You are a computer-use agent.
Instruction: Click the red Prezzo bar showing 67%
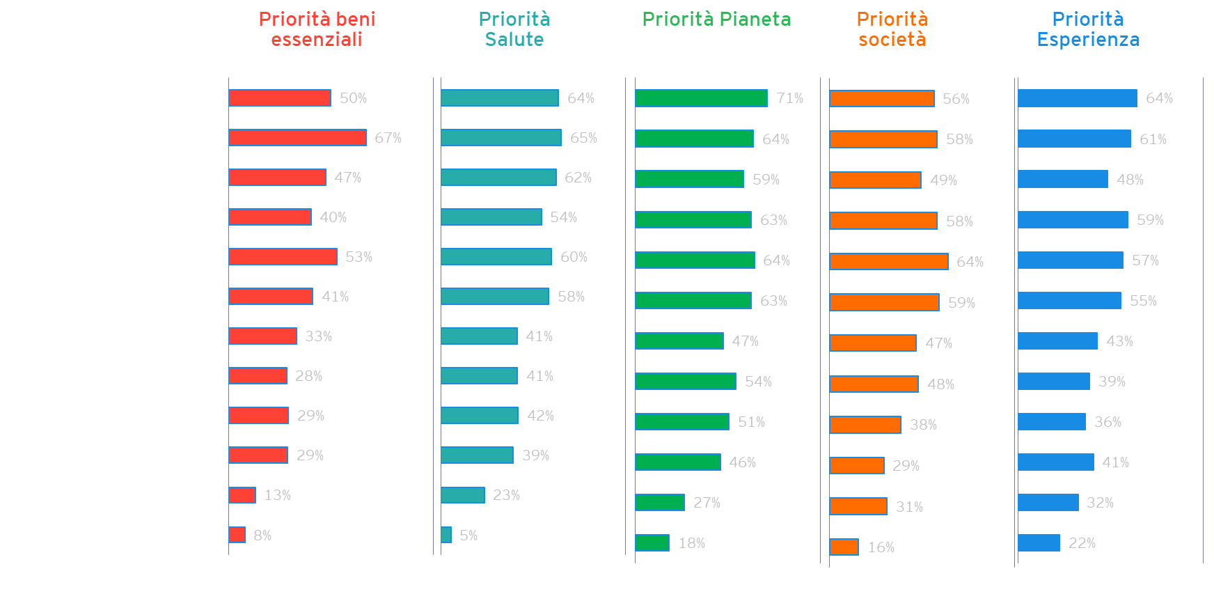coord(297,138)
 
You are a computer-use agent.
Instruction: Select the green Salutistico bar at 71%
coord(701,98)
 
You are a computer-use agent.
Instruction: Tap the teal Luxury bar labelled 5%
coord(446,535)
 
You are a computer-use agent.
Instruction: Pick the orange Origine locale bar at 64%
coord(889,262)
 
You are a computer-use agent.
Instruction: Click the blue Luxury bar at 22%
coord(1039,543)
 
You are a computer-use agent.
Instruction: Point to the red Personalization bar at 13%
coord(242,495)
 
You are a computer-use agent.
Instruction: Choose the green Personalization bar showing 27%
coord(660,503)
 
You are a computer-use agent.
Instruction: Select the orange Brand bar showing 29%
coord(857,465)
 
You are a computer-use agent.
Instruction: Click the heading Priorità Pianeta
coord(716,19)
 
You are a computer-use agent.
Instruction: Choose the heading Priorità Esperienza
coord(1088,29)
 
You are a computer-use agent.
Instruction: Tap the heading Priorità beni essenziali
coord(317,29)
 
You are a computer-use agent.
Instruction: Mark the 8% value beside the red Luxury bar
coord(262,535)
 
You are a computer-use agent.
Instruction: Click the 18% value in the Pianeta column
coord(691,543)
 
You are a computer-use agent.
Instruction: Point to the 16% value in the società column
coord(881,547)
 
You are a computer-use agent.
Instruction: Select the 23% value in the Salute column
coord(506,495)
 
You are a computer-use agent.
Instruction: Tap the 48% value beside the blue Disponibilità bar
coord(1130,180)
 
